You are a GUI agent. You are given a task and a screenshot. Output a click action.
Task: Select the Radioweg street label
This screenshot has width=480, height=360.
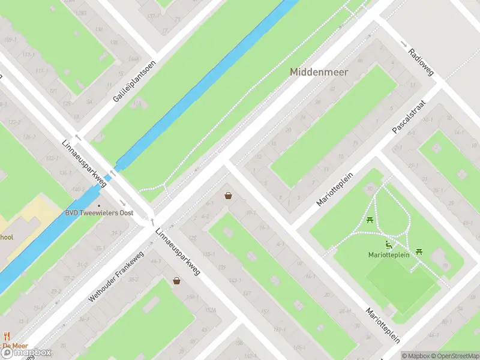[420, 61]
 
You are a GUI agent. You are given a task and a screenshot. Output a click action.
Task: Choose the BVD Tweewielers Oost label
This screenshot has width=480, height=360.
[99, 213]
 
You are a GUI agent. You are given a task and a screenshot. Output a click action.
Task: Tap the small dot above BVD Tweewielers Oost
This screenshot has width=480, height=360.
[99, 205]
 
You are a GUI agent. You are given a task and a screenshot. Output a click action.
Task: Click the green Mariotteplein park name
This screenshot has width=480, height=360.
[389, 255]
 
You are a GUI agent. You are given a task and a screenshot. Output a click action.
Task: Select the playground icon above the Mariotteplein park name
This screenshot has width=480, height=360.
[389, 244]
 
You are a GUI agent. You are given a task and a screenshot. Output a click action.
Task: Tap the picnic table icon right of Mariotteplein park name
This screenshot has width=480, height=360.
[419, 252]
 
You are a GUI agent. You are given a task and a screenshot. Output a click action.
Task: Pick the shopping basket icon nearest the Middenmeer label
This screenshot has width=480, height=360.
[228, 195]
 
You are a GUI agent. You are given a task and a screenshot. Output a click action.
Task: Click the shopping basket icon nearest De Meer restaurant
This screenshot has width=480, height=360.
[176, 280]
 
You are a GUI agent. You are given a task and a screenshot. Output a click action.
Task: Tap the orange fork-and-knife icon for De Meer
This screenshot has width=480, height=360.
[7, 336]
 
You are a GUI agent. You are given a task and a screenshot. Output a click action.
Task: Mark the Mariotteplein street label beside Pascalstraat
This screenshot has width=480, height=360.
[335, 190]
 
